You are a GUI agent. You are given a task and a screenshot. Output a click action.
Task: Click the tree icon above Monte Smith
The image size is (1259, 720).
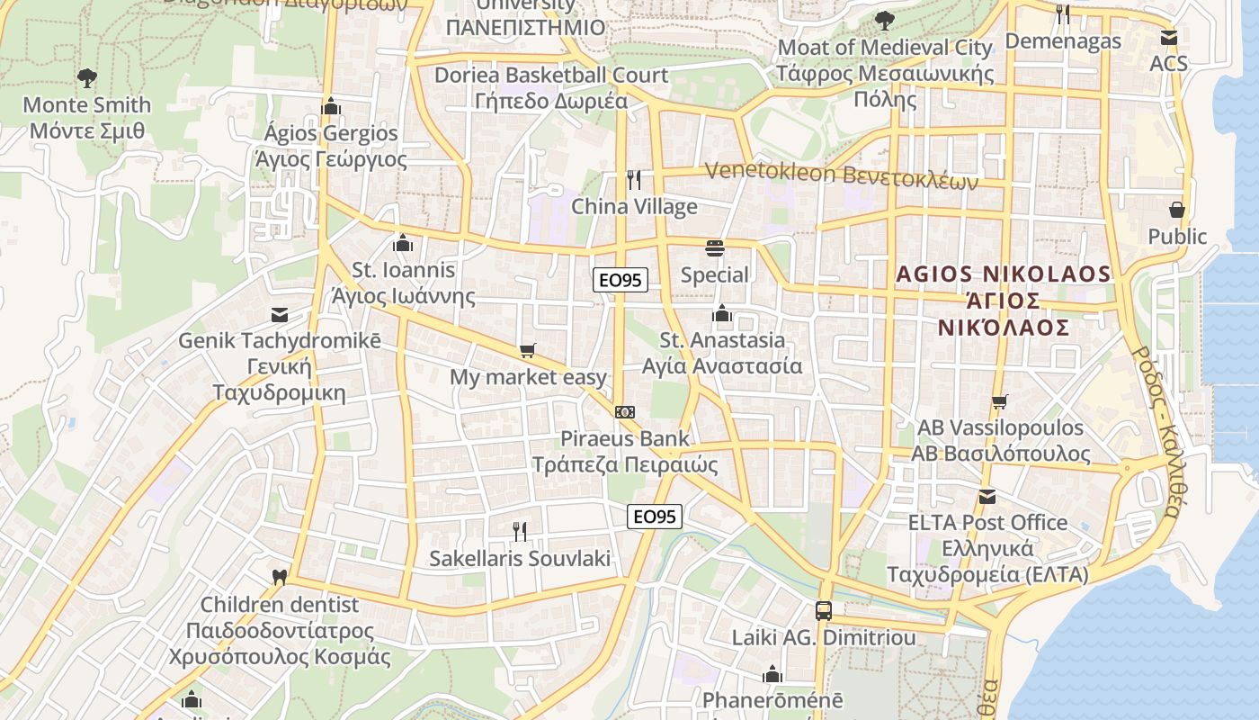coord(86,77)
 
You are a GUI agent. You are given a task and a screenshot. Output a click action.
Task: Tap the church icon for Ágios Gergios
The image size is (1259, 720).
coord(331,106)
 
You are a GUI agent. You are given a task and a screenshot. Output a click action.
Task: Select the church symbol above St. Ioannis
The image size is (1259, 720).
coord(403,243)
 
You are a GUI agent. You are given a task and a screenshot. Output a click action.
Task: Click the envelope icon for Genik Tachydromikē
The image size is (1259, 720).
coord(280,315)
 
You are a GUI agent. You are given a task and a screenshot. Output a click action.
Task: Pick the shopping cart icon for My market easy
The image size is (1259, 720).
coord(528,350)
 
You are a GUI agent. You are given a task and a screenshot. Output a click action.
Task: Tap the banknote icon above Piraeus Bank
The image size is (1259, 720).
coord(625,412)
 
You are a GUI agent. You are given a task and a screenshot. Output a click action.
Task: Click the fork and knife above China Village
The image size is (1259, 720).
coord(634,180)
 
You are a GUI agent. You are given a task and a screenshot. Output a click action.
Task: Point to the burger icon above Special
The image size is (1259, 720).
coord(715,247)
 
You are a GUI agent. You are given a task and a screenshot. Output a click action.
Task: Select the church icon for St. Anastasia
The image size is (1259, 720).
coord(721,313)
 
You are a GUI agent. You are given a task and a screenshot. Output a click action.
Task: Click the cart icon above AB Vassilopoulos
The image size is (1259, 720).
coord(999,401)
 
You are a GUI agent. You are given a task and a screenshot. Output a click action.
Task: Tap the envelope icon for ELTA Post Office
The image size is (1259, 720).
coord(987,496)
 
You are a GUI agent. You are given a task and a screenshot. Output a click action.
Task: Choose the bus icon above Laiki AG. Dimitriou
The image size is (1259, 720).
coord(824,611)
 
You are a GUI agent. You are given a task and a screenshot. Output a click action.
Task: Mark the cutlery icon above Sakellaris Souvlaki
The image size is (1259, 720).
coord(519,531)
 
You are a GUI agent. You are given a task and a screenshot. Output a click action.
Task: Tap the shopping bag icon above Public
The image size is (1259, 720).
coord(1177,210)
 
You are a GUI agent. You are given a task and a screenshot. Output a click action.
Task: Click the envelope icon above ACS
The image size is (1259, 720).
coord(1168,38)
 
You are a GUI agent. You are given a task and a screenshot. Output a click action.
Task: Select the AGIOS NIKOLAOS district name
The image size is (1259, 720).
coord(1004,300)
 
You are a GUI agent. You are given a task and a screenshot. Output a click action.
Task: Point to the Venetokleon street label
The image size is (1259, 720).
coord(841,173)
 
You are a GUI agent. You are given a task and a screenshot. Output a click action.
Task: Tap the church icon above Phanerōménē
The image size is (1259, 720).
coord(772,674)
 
